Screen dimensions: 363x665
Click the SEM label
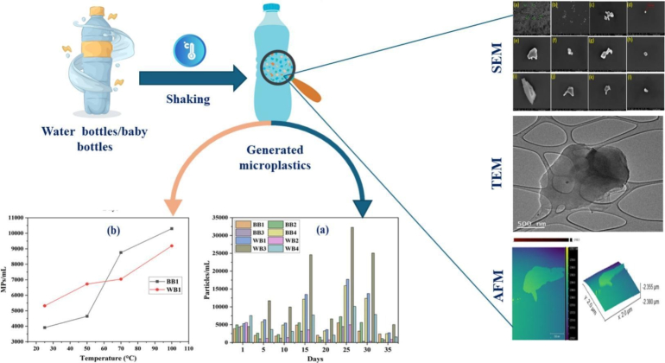pyautogui.click(x=496, y=57)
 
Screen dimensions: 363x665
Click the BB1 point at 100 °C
pyautogui.click(x=171, y=228)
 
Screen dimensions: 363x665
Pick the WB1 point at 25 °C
pyautogui.click(x=44, y=306)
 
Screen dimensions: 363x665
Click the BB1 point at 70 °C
pyautogui.click(x=120, y=252)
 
